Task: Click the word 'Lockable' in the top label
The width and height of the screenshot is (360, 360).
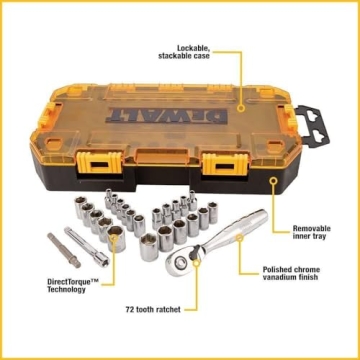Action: [x=194, y=48]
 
